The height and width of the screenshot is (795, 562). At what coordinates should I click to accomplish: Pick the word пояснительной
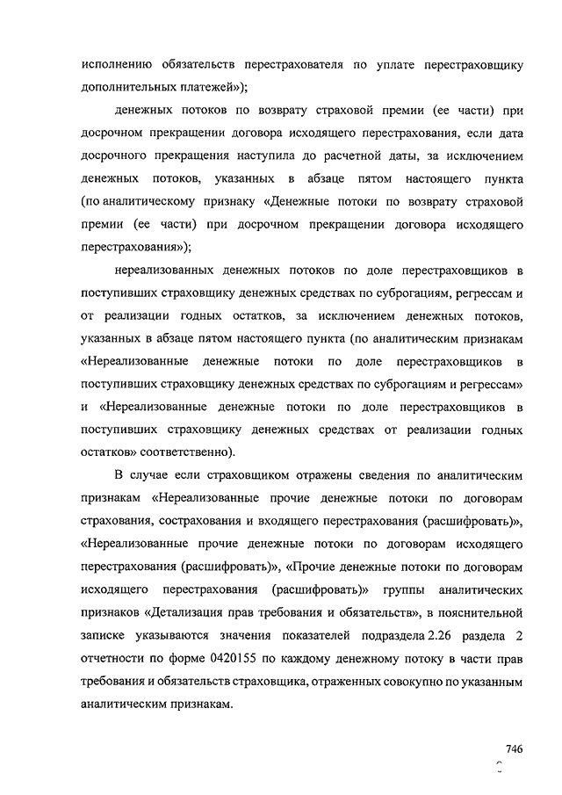[480, 611]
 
